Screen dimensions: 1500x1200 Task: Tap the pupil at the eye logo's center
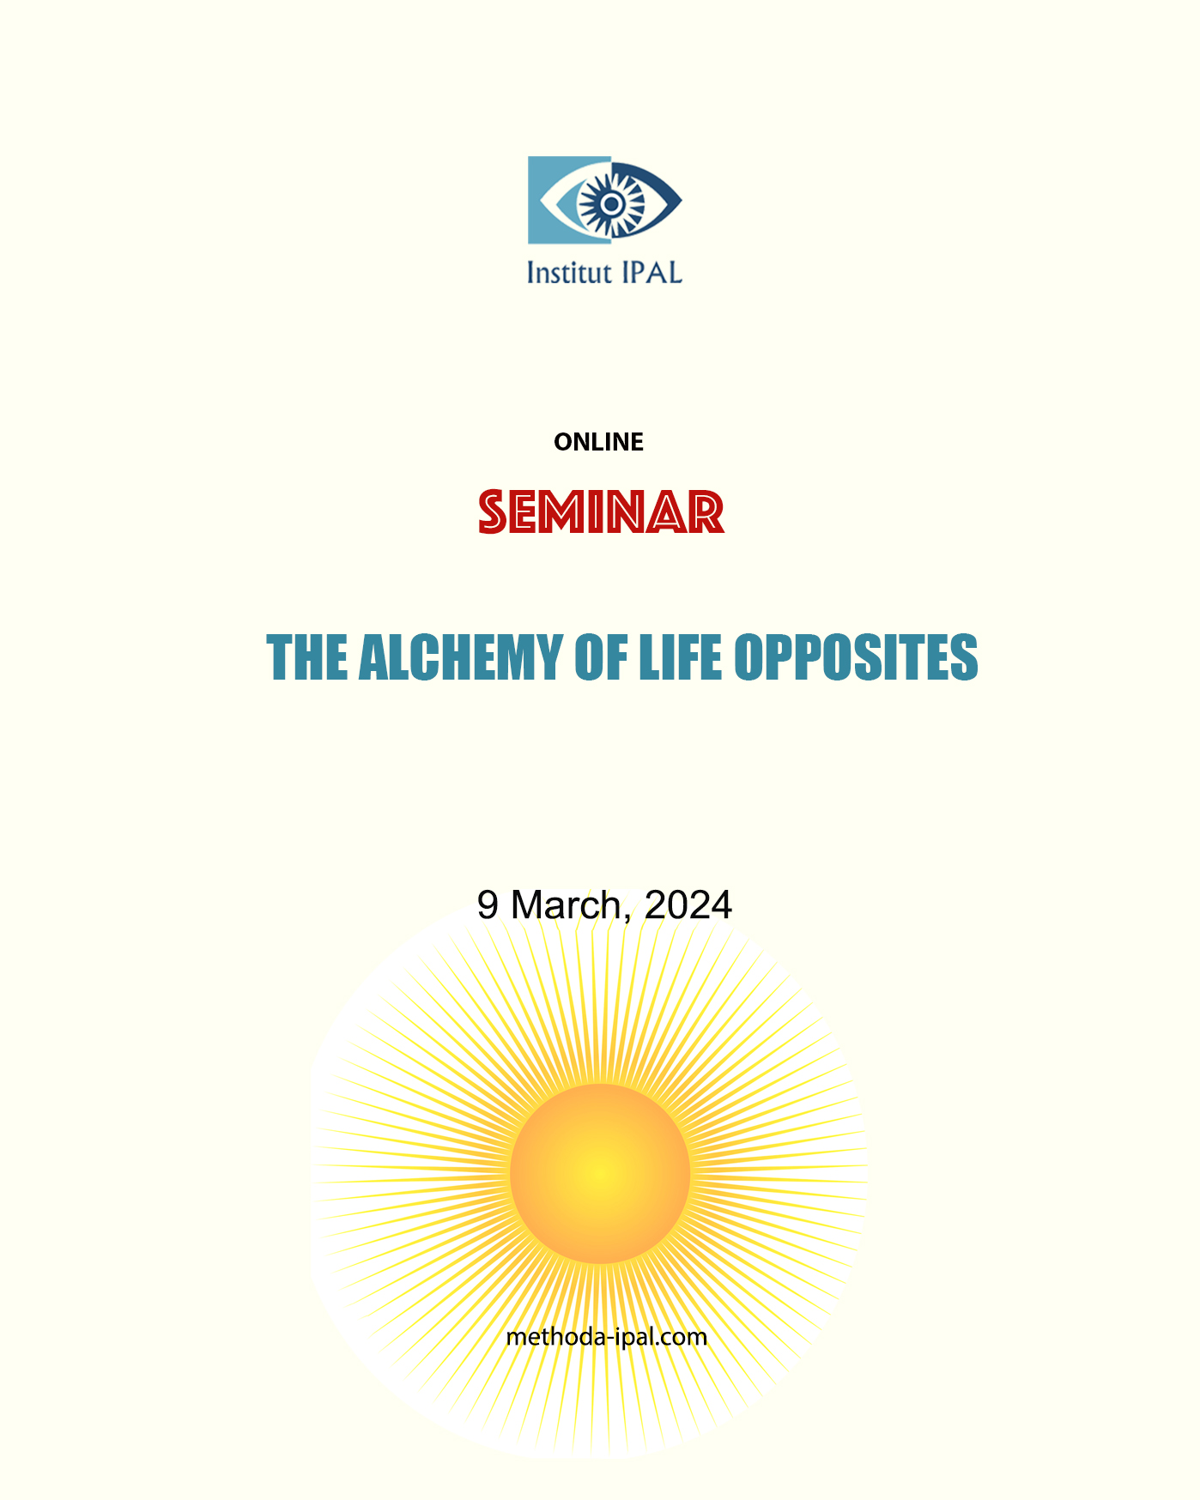610,203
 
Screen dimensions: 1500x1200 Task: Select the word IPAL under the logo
651,273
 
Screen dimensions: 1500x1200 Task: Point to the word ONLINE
598,442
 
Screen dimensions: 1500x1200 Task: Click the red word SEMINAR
601,512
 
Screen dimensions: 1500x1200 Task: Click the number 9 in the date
488,905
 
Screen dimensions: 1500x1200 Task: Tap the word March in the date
566,905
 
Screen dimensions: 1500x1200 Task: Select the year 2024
688,905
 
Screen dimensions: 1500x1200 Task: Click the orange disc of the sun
600,1173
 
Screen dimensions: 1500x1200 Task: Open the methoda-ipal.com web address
606,1337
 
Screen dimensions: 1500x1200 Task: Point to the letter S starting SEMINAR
493,512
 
